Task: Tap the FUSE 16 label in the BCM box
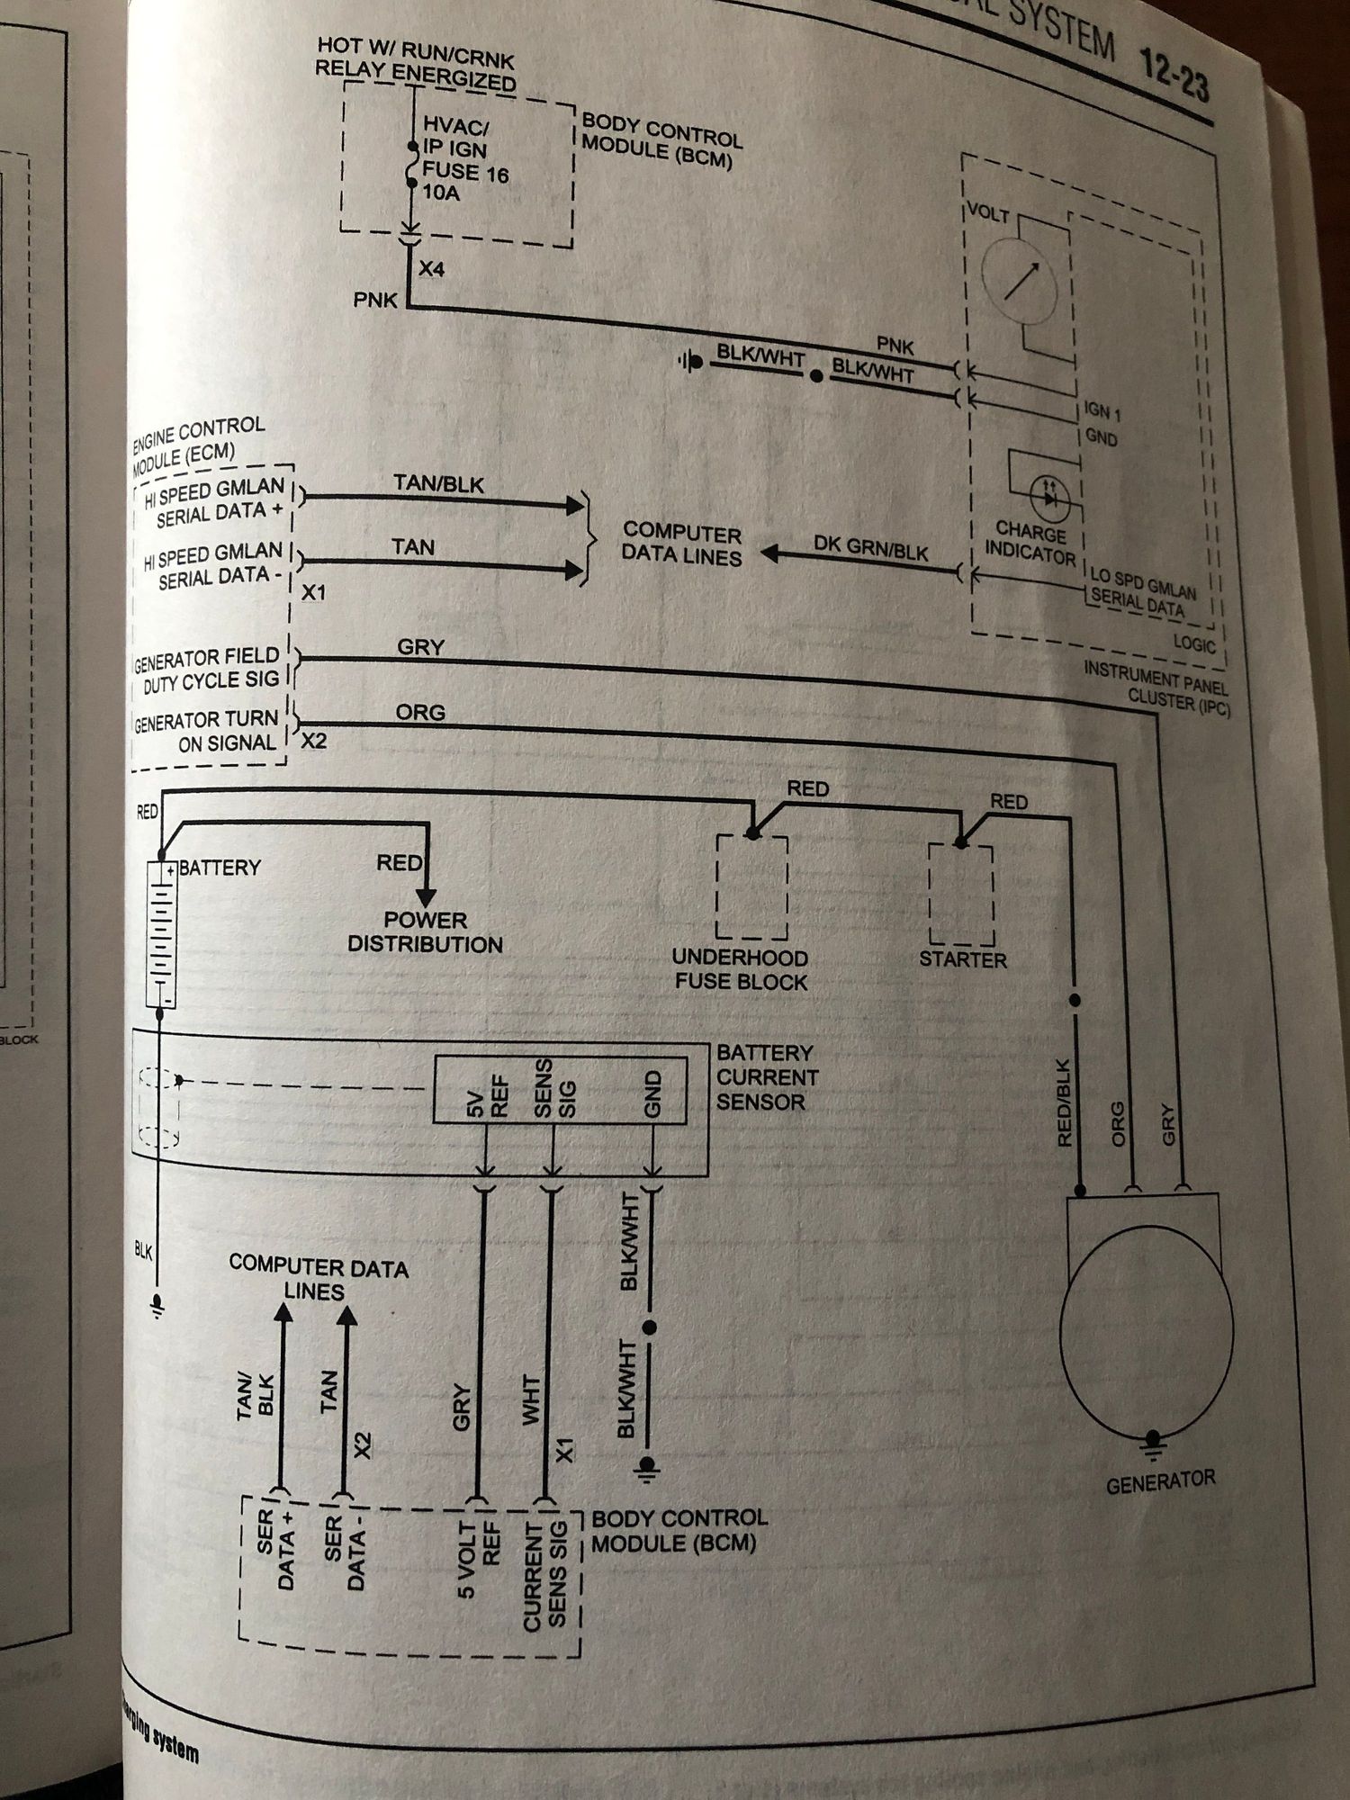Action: pyautogui.click(x=464, y=172)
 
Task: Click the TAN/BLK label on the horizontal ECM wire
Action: pyautogui.click(x=438, y=484)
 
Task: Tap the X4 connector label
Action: pyautogui.click(x=431, y=269)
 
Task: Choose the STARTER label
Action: pyautogui.click(x=962, y=959)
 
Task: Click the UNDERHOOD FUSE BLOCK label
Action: pyautogui.click(x=740, y=969)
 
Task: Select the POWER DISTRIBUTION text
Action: pyautogui.click(x=425, y=932)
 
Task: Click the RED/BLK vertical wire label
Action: pyautogui.click(x=1064, y=1102)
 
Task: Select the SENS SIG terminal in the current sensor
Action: pyautogui.click(x=554, y=1088)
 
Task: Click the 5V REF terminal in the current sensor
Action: pyautogui.click(x=488, y=1094)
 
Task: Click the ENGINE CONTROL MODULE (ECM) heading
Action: pyautogui.click(x=198, y=441)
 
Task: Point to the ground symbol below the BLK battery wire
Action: pyautogui.click(x=158, y=1304)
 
